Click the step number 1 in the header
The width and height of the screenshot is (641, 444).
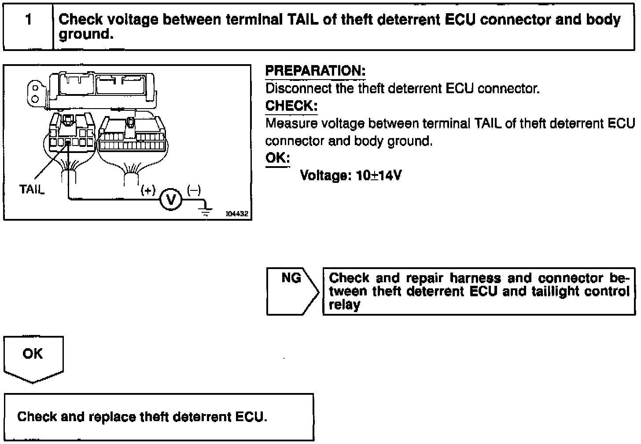pos(29,20)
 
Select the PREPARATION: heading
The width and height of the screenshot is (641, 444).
pos(315,71)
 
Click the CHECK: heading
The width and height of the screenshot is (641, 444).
pos(291,106)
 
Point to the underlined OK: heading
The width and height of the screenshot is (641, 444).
pos(277,158)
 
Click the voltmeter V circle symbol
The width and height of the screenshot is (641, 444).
pos(170,200)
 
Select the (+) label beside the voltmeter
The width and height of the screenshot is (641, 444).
pos(148,190)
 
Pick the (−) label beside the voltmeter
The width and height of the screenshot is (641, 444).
pos(194,190)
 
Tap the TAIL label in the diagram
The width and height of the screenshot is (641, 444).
pos(32,189)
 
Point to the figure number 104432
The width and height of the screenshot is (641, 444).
pos(237,214)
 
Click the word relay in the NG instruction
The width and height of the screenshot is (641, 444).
pos(344,305)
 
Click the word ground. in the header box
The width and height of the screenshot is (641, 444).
pos(86,34)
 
